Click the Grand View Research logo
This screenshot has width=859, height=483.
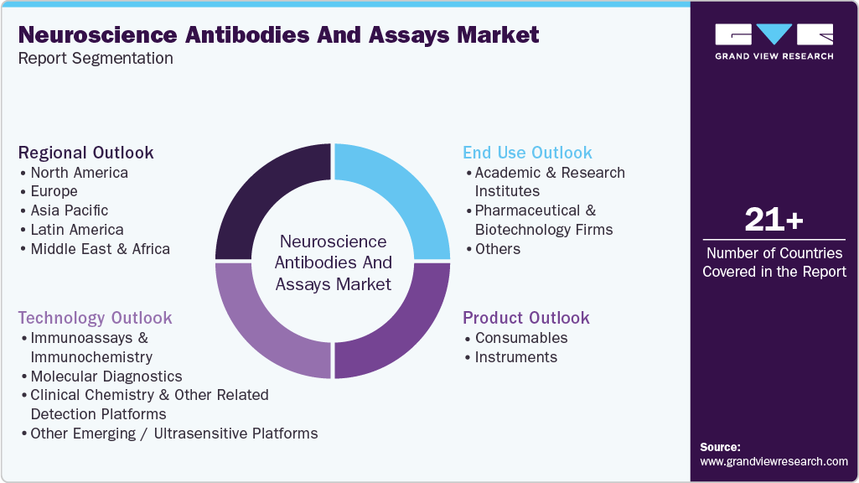(774, 41)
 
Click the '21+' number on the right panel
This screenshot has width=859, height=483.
(774, 221)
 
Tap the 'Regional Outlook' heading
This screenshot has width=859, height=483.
(86, 153)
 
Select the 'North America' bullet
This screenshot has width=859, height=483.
(79, 173)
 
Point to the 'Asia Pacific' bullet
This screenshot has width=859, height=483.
(69, 210)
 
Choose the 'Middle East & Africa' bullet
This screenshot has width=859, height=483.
(100, 249)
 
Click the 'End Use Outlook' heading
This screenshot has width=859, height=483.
(527, 153)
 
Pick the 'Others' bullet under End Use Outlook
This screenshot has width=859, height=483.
(497, 249)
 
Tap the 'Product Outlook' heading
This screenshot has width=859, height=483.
(526, 318)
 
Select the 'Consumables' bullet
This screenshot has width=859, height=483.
(520, 338)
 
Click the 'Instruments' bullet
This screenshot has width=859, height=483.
(515, 357)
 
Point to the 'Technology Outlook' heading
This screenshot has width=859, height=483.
(95, 318)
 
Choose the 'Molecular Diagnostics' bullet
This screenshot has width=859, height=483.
(106, 377)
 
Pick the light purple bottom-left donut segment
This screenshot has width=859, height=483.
(271, 323)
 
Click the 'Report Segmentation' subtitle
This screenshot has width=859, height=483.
(96, 59)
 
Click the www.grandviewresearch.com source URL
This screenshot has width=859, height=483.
(774, 461)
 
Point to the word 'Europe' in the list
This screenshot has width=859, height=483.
(54, 191)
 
